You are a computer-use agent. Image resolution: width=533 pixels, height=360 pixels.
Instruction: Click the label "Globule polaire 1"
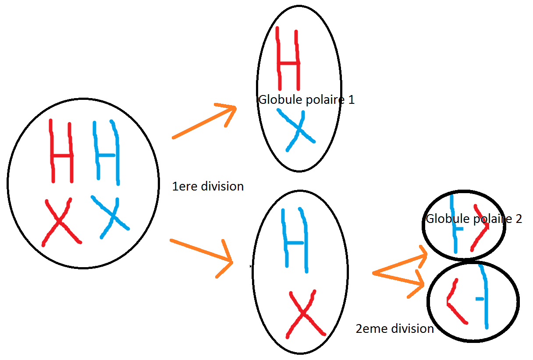pyautogui.click(x=306, y=100)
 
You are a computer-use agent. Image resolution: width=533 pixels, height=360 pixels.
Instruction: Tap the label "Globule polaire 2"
pyautogui.click(x=474, y=219)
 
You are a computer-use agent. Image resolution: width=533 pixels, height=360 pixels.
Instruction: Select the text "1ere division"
pyautogui.click(x=208, y=186)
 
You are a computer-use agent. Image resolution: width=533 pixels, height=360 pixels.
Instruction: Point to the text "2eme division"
pyautogui.click(x=394, y=328)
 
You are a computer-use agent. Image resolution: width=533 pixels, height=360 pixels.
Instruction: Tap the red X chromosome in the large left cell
pyautogui.click(x=60, y=222)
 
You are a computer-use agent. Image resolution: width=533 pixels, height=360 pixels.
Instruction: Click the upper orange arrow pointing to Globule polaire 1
pyautogui.click(x=204, y=122)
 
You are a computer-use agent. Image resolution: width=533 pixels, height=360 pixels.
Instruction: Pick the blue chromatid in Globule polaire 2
pyautogui.click(x=455, y=226)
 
